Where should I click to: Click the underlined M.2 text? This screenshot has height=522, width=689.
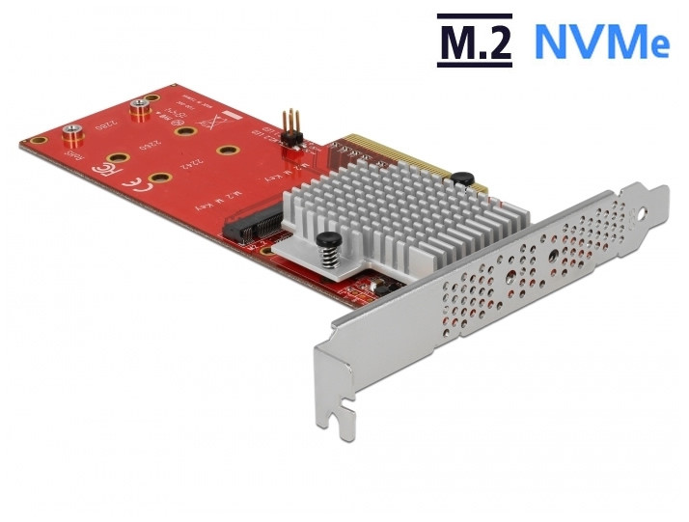(474, 41)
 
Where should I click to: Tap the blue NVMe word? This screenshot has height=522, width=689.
(600, 41)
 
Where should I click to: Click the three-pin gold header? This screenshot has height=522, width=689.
(287, 127)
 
